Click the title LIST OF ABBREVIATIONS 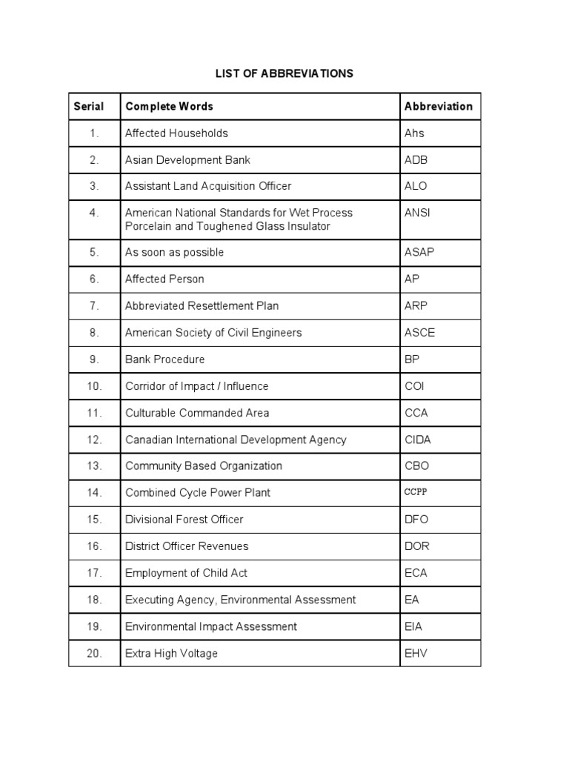pyautogui.click(x=284, y=73)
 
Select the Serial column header pyautogui.click(x=88, y=106)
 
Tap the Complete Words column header pyautogui.click(x=169, y=106)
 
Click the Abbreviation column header pyautogui.click(x=438, y=106)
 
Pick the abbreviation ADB pyautogui.click(x=416, y=160)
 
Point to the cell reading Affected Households pyautogui.click(x=176, y=133)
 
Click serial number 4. pyautogui.click(x=94, y=213)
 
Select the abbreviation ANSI pyautogui.click(x=417, y=213)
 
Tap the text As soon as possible pyautogui.click(x=174, y=252)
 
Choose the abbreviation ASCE pyautogui.click(x=419, y=333)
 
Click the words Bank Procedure pyautogui.click(x=164, y=359)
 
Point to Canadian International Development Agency pyautogui.click(x=236, y=440)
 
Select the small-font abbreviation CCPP pyautogui.click(x=416, y=492)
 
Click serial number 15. pyautogui.click(x=94, y=520)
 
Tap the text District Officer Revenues pyautogui.click(x=187, y=546)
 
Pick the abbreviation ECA pyautogui.click(x=416, y=573)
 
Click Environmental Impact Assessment pyautogui.click(x=211, y=626)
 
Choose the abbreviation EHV pyautogui.click(x=416, y=653)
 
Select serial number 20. pyautogui.click(x=94, y=653)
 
